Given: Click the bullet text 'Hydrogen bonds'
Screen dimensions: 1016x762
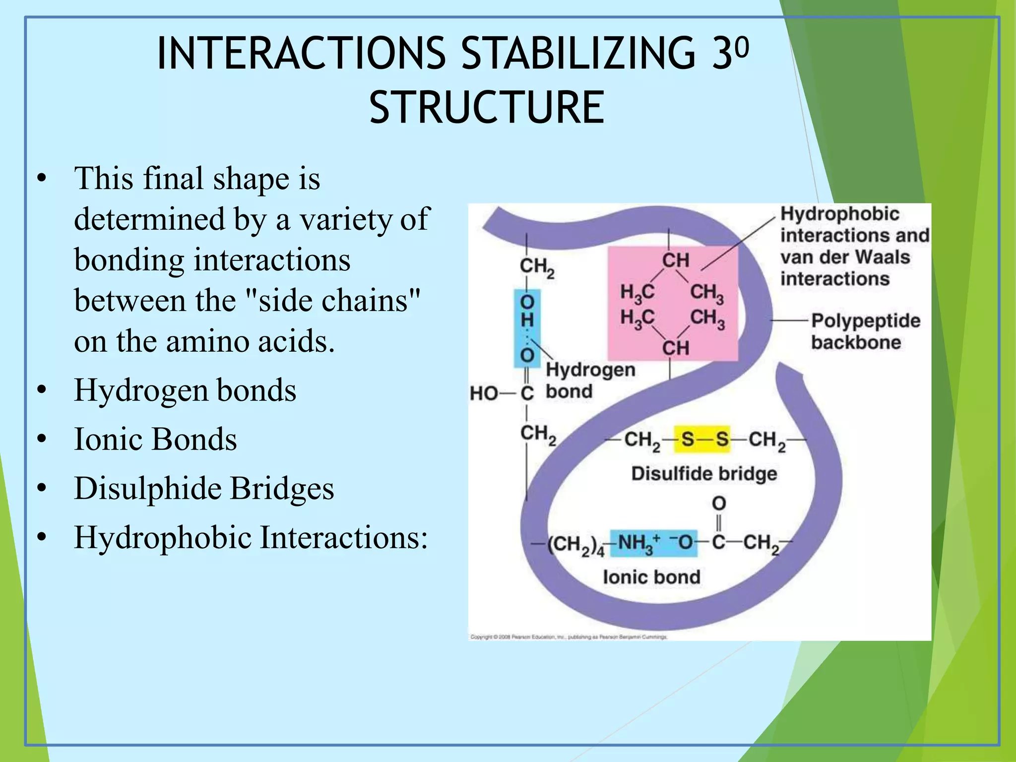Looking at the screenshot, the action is (185, 390).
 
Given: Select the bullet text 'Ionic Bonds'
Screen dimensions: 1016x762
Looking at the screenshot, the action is (155, 439).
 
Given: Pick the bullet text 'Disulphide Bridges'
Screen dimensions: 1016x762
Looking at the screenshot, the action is (204, 488).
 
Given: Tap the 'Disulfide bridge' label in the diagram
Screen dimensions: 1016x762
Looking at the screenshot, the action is (704, 473).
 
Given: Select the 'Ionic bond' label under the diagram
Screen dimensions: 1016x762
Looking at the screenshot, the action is (651, 577).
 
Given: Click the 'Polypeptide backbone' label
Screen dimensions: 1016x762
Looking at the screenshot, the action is (865, 331).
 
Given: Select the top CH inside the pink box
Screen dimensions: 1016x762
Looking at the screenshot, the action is (675, 260).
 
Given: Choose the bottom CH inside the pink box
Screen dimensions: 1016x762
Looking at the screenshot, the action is (675, 348).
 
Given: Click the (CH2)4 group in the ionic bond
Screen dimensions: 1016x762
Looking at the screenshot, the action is (575, 545).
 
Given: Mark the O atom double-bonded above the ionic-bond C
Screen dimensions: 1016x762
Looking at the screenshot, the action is (719, 504).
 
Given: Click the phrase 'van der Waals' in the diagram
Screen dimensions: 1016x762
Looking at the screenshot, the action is (845, 257).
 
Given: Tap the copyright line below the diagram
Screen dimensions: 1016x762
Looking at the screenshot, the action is (568, 636).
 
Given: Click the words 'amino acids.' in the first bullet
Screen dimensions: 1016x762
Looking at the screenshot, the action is (250, 341).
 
